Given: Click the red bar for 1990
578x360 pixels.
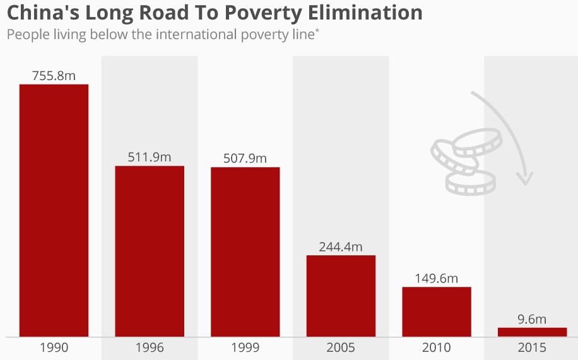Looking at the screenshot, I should click(x=54, y=210).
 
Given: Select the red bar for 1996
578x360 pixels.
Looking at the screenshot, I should click(x=150, y=251).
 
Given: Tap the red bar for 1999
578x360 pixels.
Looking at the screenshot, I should click(x=245, y=252).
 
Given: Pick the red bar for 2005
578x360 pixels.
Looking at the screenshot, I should click(x=341, y=296).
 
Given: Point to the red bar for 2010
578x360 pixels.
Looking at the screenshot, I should click(x=437, y=311).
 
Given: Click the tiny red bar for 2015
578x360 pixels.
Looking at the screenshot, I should click(x=532, y=332).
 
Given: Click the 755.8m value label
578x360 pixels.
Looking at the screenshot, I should click(x=54, y=76).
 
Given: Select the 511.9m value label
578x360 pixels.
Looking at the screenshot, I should click(x=150, y=157).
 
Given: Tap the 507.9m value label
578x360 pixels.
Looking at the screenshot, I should click(x=245, y=158).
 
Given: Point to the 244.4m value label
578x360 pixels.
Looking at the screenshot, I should click(x=341, y=247).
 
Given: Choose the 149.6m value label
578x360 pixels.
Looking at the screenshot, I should click(x=437, y=278).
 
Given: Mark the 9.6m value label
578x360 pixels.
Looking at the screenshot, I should click(x=532, y=319).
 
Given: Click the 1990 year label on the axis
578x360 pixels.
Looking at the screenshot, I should click(x=54, y=347).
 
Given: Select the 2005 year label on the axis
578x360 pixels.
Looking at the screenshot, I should click(x=341, y=347).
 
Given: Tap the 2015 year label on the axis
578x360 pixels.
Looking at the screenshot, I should click(x=532, y=347).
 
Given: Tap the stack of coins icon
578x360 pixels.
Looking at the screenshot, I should click(x=463, y=161).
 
